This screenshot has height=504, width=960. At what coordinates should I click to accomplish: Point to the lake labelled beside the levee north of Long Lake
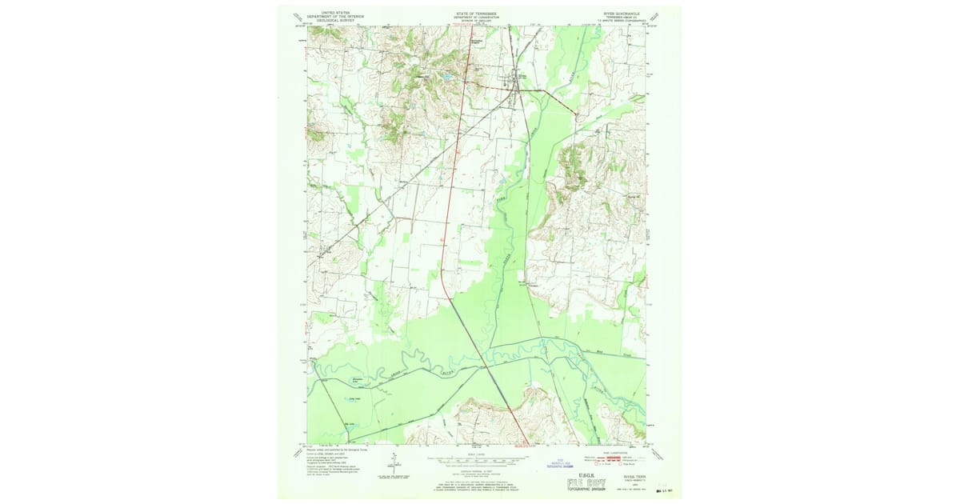pos(358,380)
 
